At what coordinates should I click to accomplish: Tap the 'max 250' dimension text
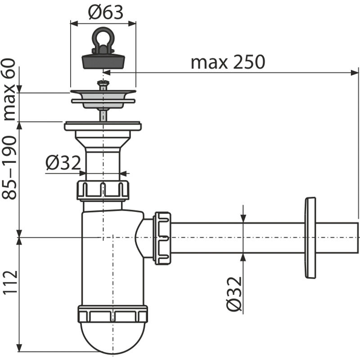point(228,62)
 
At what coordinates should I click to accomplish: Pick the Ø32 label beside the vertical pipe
point(63,162)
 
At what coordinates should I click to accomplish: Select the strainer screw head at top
point(103,83)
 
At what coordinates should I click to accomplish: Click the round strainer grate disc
point(103,96)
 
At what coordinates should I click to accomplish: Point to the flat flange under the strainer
point(103,126)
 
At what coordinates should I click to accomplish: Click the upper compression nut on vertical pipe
point(103,189)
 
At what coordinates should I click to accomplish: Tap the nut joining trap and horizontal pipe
point(162,238)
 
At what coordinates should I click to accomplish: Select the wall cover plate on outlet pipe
point(310,237)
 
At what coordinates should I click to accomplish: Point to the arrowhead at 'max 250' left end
point(106,71)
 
